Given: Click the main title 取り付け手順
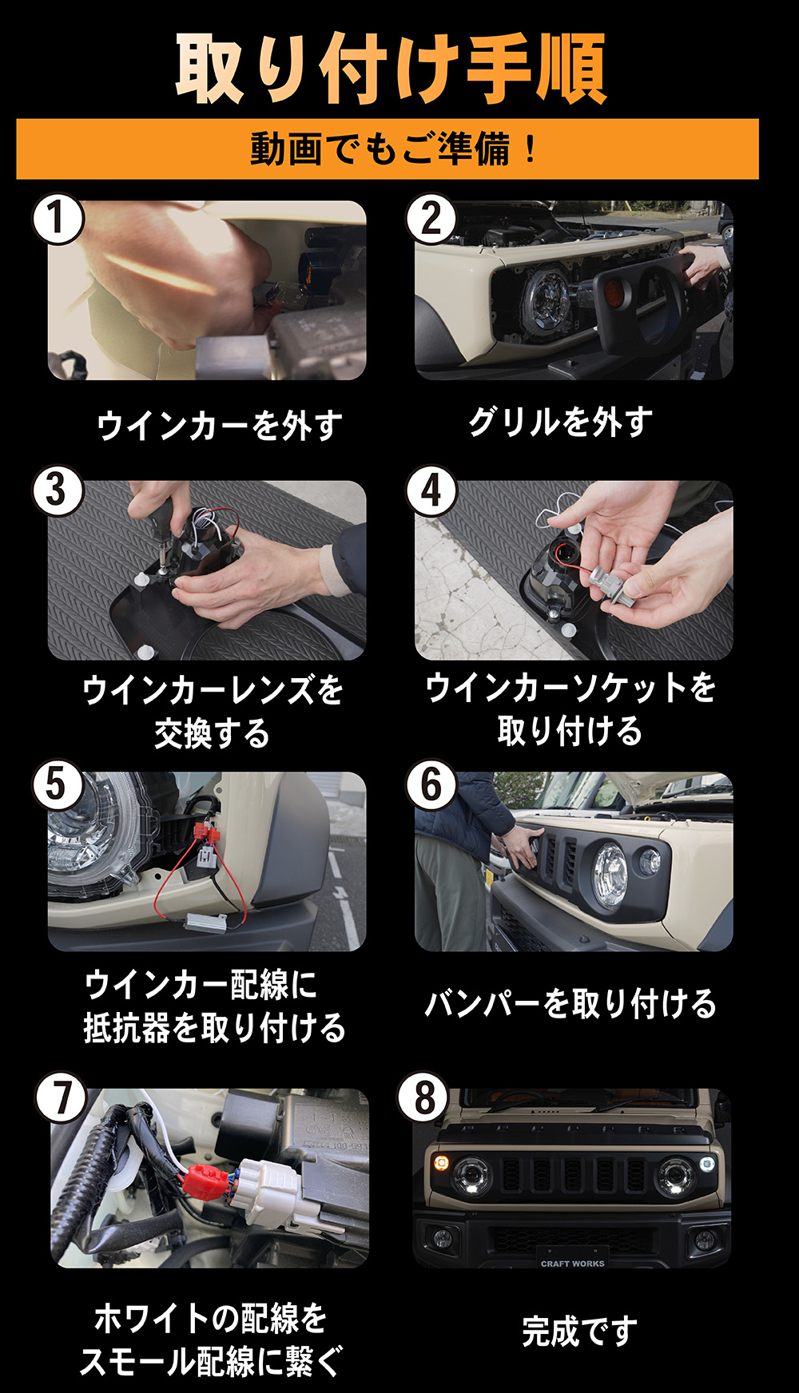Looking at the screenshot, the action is (391, 69).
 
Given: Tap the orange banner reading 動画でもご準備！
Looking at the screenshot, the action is (388, 149).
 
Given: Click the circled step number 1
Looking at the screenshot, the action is (58, 218).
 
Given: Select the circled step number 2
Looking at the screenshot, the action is (431, 218).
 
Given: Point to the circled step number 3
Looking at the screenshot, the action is (58, 490).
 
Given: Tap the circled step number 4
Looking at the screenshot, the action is (431, 490).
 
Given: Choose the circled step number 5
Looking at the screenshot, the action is (58, 784).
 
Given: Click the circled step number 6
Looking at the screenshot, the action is (431, 784).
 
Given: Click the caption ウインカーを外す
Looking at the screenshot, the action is (220, 425).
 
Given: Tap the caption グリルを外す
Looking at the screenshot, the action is (560, 422).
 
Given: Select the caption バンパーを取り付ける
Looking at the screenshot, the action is (570, 1003).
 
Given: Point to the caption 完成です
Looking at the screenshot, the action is (580, 1331).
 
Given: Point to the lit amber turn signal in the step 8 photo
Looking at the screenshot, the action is (439, 1161).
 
